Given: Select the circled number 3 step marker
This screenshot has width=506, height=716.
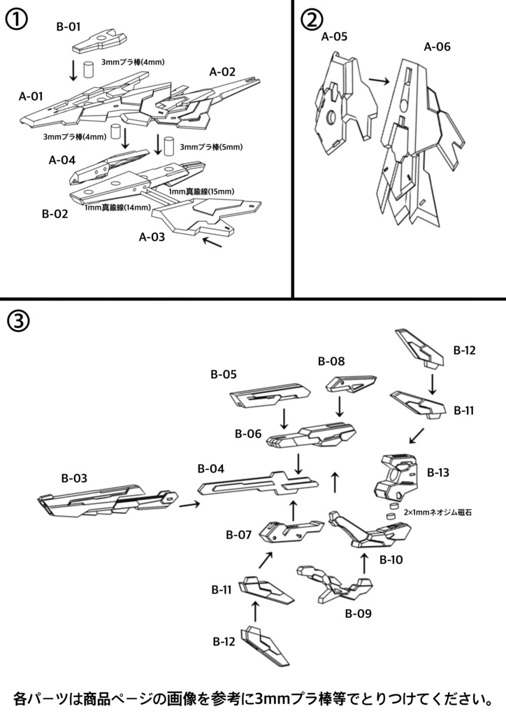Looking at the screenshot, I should pos(17,322).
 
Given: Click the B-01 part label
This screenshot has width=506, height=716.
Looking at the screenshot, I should pos(68,27).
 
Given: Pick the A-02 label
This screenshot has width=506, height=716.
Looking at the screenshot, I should pos(222,71).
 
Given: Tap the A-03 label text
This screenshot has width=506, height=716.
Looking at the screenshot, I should pos(152,236).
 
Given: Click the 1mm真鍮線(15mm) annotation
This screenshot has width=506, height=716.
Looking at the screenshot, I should pos(201,191).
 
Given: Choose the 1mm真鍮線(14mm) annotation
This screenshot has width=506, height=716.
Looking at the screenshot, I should pos(117,208).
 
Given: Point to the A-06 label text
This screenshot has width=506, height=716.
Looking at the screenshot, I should pos(438,48).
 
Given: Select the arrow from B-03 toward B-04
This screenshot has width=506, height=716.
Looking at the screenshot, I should pos(189,503).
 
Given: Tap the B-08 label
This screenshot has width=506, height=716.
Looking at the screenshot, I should pos(331,361).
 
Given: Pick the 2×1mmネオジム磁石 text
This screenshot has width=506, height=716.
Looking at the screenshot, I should pos(438,513).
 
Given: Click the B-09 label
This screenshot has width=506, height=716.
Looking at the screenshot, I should pos(358,614).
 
